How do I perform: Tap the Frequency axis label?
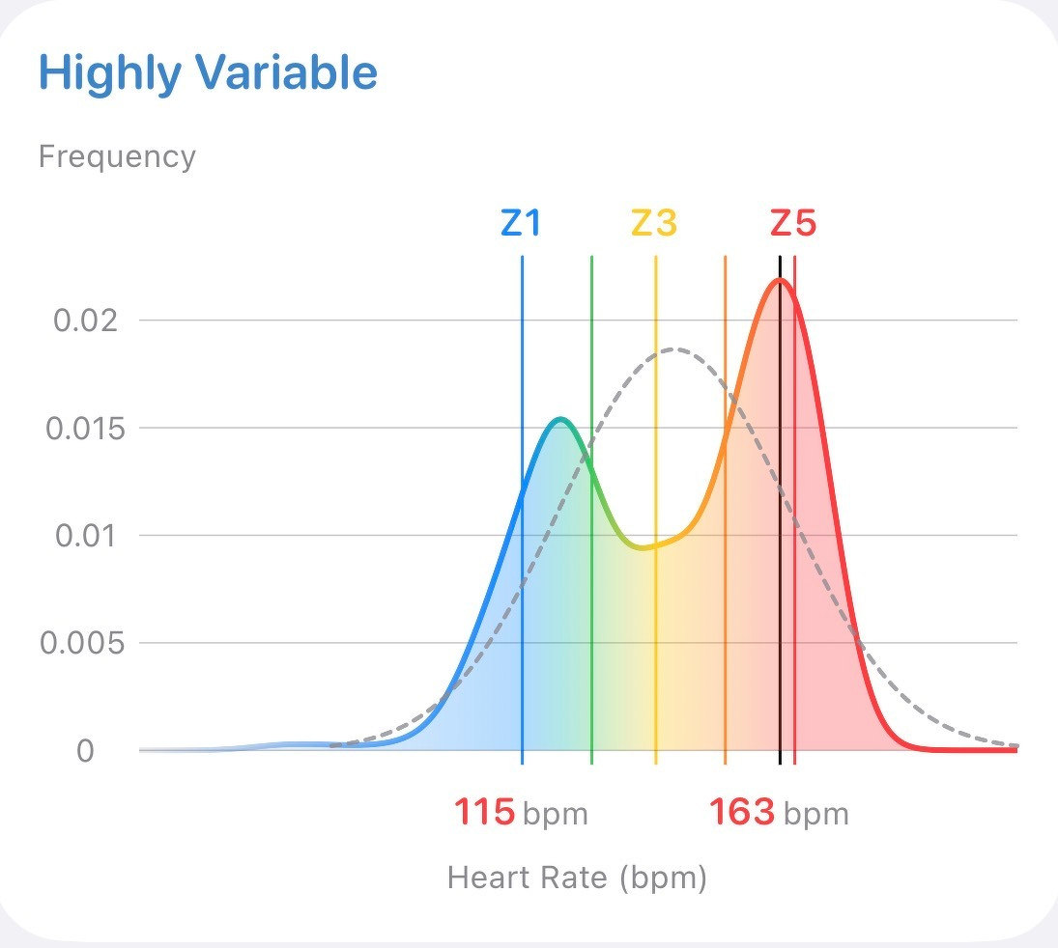(117, 156)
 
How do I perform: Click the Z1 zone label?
(521, 224)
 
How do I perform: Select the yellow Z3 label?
(654, 224)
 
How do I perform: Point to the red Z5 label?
(793, 224)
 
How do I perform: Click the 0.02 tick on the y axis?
(85, 321)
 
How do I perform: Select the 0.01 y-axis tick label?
(85, 535)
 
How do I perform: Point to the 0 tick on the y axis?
(85, 750)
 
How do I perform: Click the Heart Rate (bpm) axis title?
(577, 878)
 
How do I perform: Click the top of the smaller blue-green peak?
(561, 419)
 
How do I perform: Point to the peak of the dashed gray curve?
(675, 349)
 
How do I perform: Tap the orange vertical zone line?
(726, 579)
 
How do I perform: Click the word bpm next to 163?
(815, 815)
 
